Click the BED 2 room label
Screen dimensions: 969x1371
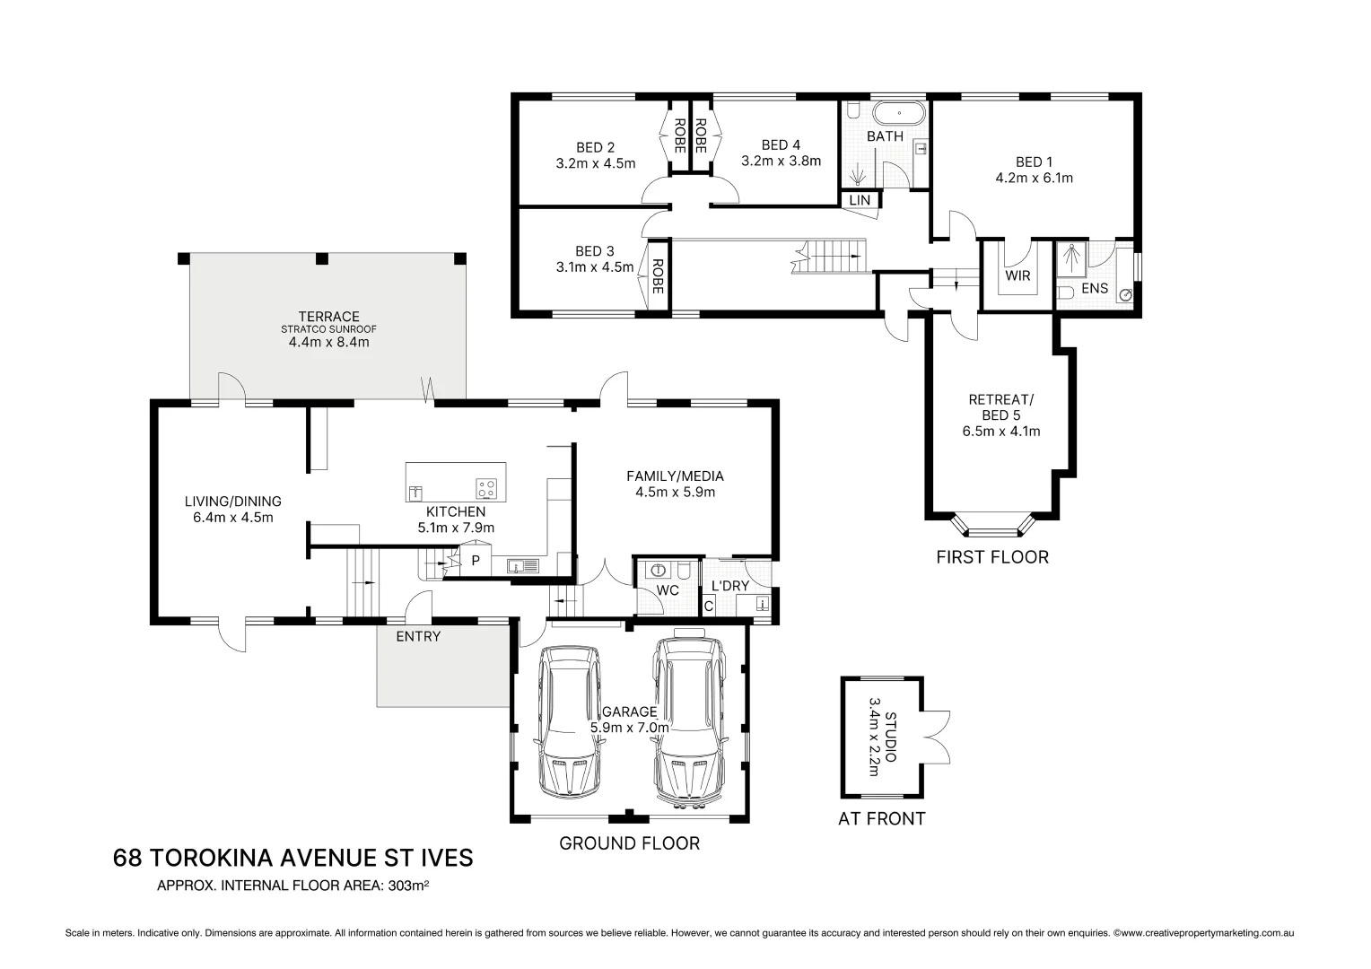click(595, 147)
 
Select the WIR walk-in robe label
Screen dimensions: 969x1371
click(1017, 275)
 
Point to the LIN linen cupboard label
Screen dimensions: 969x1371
click(860, 200)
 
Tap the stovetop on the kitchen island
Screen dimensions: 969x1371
click(486, 489)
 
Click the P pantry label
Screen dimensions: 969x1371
click(476, 562)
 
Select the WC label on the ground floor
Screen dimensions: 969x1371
click(668, 590)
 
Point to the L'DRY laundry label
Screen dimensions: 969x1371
click(729, 586)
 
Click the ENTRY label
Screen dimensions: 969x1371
click(418, 636)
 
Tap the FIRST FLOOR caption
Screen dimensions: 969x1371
click(991, 557)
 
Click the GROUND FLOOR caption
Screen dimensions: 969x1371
click(629, 843)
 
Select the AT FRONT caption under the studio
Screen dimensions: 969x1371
click(881, 818)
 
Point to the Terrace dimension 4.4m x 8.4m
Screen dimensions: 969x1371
click(328, 342)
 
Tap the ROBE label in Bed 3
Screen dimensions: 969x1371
click(658, 276)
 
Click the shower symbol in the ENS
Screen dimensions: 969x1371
click(1070, 257)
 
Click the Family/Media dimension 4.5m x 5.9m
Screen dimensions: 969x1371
click(675, 492)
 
